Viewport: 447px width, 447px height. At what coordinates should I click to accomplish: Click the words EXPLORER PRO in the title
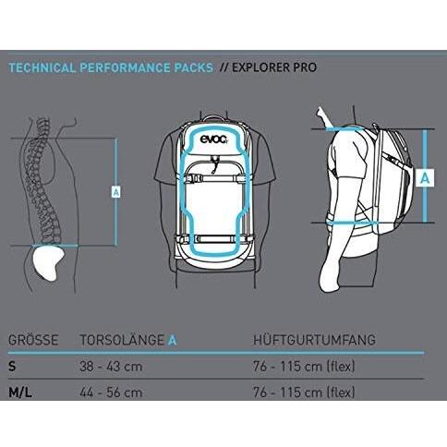tap(274, 67)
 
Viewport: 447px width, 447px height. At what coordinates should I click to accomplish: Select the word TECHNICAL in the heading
tap(42, 67)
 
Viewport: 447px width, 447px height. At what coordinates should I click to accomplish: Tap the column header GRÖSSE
tap(33, 340)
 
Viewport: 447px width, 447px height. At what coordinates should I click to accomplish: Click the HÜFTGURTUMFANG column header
tap(315, 340)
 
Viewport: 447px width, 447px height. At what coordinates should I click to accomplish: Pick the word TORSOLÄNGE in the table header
tap(122, 340)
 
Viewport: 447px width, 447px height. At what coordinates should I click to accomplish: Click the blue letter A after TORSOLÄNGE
tap(172, 340)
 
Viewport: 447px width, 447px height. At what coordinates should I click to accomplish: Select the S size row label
tap(12, 367)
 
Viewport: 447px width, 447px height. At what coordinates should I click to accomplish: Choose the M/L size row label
tap(20, 393)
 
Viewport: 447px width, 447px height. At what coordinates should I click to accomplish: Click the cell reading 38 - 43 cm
tap(111, 367)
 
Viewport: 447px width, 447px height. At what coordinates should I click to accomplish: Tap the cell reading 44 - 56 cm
tap(111, 393)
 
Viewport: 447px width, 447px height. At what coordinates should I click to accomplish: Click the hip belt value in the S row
tap(304, 367)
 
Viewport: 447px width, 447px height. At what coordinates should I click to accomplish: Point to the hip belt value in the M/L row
tap(304, 393)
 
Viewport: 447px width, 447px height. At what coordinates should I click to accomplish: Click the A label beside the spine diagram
tap(115, 192)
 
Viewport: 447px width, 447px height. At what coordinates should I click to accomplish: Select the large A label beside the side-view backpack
tap(425, 178)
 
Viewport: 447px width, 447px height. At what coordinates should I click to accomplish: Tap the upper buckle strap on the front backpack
tap(214, 178)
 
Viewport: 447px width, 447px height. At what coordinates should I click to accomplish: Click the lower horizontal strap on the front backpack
tap(214, 238)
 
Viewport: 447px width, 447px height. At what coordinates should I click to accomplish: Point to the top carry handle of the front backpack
tap(214, 118)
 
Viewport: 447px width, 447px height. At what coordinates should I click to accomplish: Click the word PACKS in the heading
tap(194, 67)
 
